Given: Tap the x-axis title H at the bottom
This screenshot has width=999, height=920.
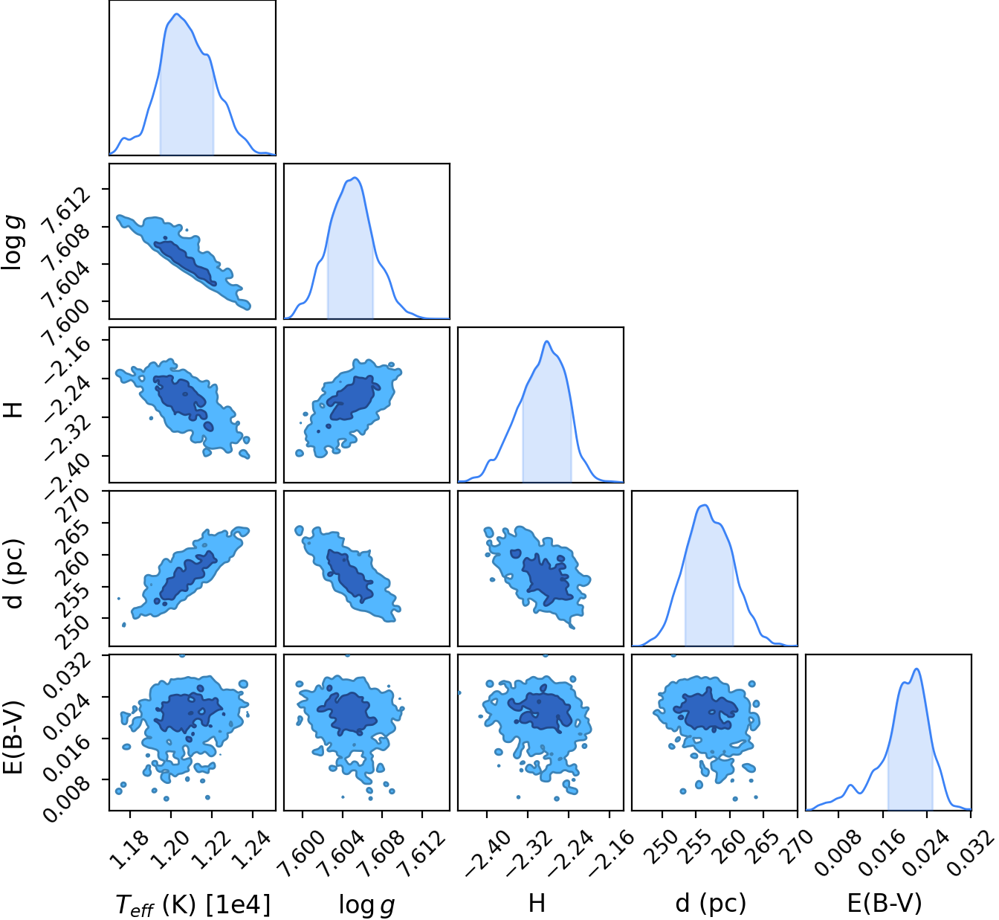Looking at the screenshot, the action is tap(537, 903).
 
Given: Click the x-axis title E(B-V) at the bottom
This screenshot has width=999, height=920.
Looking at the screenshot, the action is tap(885, 903).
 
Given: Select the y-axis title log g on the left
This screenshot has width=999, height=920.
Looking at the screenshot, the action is tap(13, 241).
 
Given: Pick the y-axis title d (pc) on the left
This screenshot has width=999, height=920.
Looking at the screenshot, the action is tap(13, 573).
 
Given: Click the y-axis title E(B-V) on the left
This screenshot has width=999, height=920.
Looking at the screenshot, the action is tap(13, 738).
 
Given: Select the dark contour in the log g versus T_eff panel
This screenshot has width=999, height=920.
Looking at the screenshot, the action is tap(184, 263).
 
